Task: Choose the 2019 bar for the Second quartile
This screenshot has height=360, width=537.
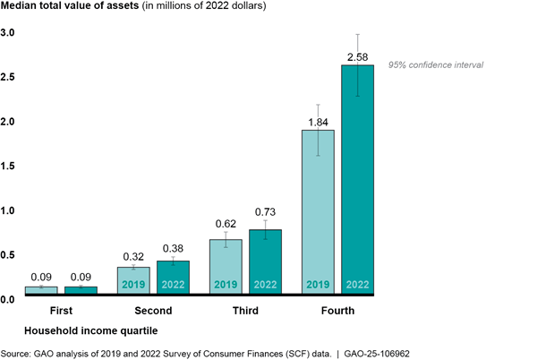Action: [133, 279]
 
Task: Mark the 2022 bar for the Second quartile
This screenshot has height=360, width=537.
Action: [173, 276]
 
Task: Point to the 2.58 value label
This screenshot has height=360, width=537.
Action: [358, 56]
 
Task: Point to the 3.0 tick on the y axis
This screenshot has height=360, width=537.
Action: [8, 33]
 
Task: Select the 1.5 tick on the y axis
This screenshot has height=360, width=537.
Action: [8, 166]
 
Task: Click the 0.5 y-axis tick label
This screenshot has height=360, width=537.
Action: [8, 254]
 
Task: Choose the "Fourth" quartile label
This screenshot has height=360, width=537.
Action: [337, 311]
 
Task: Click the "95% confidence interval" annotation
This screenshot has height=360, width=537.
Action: [435, 65]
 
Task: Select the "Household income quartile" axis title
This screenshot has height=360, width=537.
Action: [85, 331]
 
